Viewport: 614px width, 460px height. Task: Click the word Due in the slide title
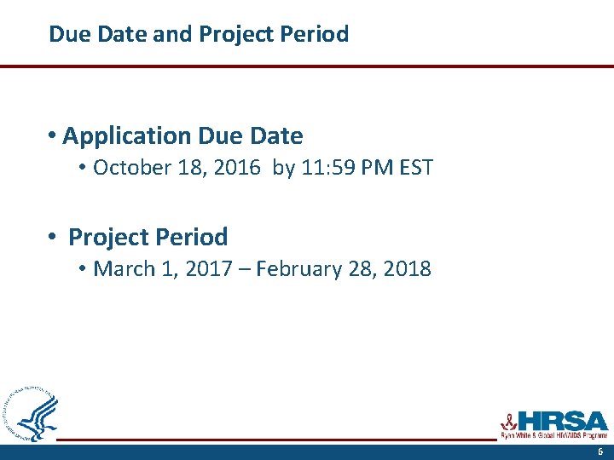click(x=67, y=34)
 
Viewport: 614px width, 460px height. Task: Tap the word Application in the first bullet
click(x=127, y=135)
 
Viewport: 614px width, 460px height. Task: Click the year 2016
click(x=238, y=167)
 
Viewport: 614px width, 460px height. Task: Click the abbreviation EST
click(x=414, y=167)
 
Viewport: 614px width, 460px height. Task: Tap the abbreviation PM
click(x=376, y=167)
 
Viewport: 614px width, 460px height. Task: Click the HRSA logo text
click(x=562, y=420)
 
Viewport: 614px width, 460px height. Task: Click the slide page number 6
click(x=600, y=452)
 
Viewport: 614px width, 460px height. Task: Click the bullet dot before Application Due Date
click(x=53, y=135)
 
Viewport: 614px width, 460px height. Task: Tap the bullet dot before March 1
click(x=83, y=269)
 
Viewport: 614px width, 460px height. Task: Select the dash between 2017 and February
click(x=243, y=269)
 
